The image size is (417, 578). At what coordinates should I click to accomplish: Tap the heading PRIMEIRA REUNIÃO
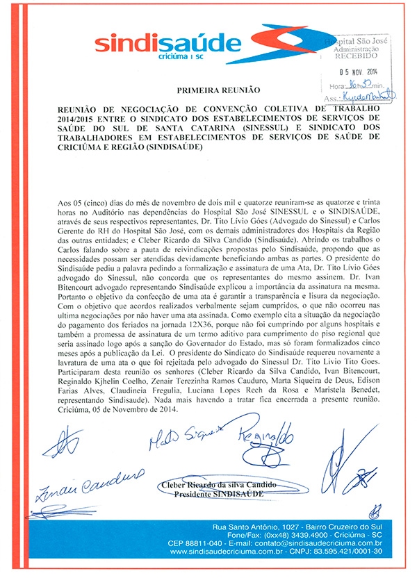point(209,90)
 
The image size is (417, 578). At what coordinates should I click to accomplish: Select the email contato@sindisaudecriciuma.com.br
point(322,543)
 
